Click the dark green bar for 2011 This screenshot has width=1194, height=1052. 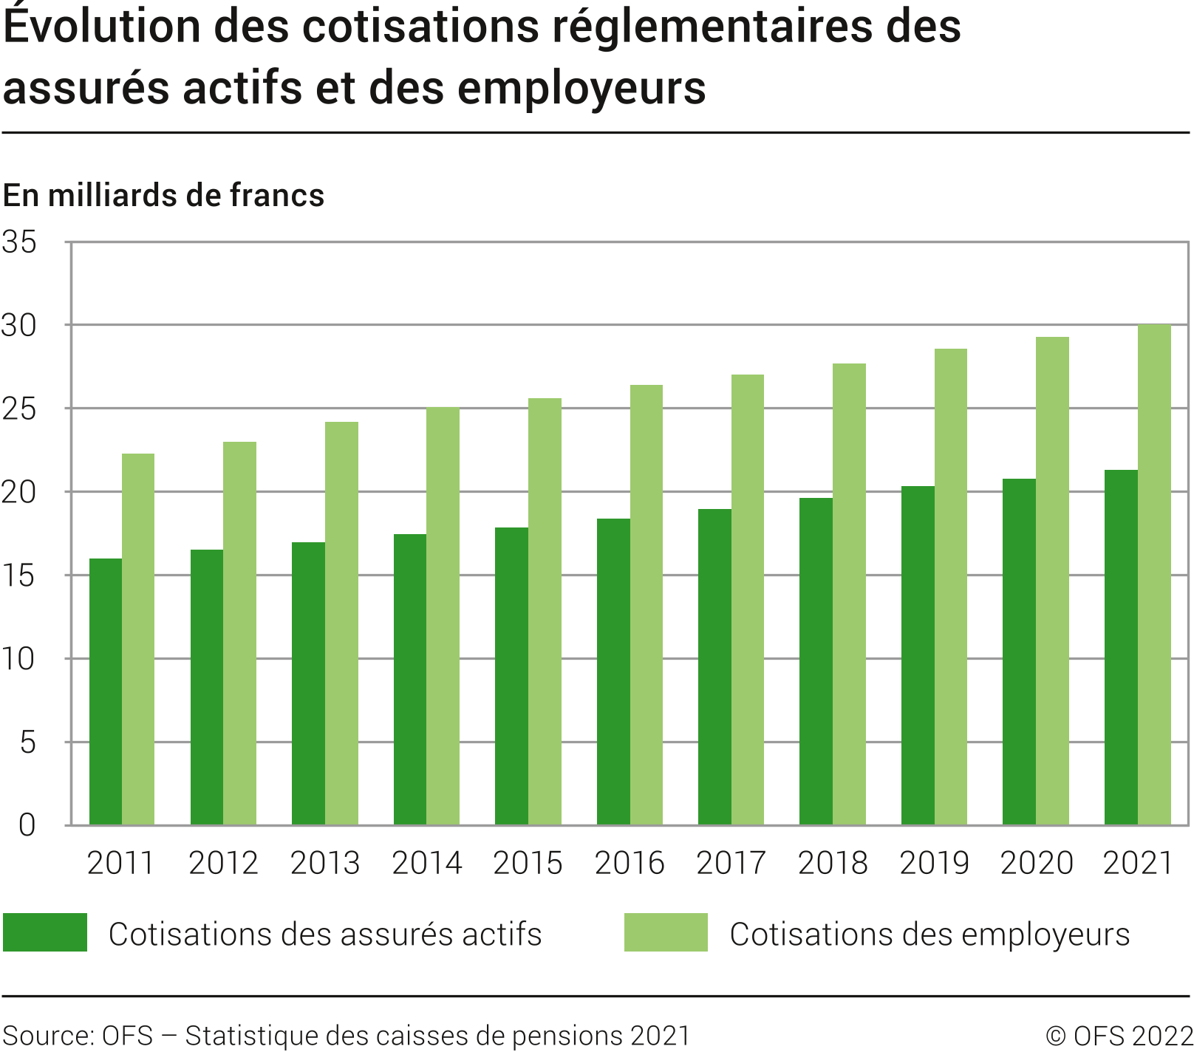[106, 691]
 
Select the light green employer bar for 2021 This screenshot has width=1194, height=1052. [1154, 575]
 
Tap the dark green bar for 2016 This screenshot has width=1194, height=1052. [613, 672]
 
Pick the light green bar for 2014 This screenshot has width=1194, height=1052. [443, 616]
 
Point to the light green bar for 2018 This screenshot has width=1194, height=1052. [849, 594]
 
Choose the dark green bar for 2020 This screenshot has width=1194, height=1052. [1019, 652]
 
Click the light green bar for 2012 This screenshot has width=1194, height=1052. [239, 633]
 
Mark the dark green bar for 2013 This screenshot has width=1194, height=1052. [308, 683]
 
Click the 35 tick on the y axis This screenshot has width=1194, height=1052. [20, 242]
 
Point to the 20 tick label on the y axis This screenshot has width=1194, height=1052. [20, 493]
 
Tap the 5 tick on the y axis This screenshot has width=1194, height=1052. [27, 742]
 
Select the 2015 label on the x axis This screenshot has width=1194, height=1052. [528, 863]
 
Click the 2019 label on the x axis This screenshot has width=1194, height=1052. [934, 863]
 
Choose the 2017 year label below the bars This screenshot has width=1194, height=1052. [731, 863]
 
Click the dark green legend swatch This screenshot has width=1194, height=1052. [45, 932]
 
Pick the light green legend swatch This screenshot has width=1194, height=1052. [666, 932]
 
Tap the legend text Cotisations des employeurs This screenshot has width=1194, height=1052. [929, 935]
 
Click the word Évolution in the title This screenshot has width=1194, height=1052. [101, 27]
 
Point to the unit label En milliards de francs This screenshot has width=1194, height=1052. [163, 196]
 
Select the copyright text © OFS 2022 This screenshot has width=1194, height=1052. [1119, 1036]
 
